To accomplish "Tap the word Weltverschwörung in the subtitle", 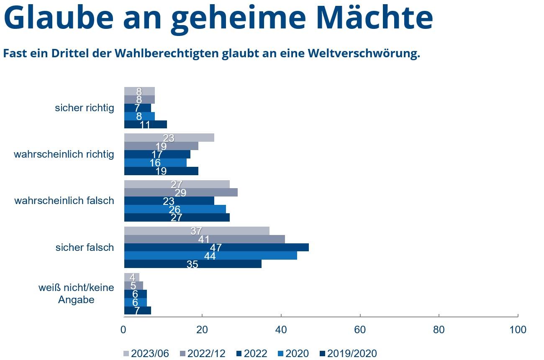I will (x=363, y=54).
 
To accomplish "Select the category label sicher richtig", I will (x=85, y=108).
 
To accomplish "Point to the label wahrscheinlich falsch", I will (x=64, y=201).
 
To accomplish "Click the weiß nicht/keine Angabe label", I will (x=76, y=294).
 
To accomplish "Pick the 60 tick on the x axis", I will (x=360, y=330).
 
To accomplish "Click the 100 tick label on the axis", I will (x=518, y=330).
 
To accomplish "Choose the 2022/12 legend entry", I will (x=202, y=354).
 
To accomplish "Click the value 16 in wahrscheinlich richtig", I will (x=155, y=163).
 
